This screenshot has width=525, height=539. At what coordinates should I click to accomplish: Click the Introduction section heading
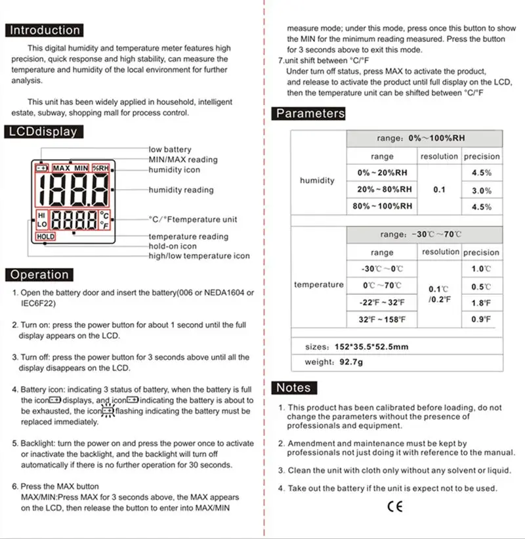(x=45, y=30)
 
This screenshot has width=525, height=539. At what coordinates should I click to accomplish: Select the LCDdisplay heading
(x=43, y=131)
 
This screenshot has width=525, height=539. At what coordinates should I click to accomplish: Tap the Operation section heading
(x=39, y=275)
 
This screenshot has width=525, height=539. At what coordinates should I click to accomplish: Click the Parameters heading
(x=310, y=114)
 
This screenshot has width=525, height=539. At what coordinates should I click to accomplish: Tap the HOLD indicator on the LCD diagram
(x=46, y=236)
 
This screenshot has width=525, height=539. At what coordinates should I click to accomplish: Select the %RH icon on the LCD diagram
(x=102, y=168)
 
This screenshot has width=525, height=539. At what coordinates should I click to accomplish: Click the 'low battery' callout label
(x=170, y=150)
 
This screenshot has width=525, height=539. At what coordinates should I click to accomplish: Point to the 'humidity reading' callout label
(x=180, y=190)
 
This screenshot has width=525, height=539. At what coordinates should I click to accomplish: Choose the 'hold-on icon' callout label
(x=172, y=246)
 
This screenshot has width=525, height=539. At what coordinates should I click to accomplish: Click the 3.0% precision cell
(x=481, y=190)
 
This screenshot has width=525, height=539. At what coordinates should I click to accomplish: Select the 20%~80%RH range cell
(x=385, y=189)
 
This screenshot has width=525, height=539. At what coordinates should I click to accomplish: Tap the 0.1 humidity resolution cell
(x=439, y=190)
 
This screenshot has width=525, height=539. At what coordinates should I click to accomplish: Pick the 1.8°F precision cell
(x=481, y=303)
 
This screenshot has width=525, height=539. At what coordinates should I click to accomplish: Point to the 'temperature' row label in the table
(x=318, y=285)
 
